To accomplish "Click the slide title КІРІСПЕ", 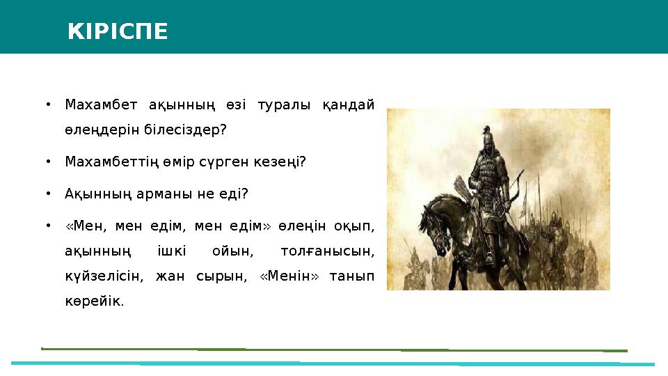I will pos(118,31).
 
